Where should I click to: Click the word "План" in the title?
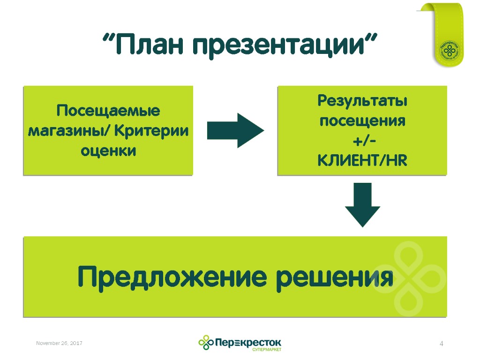point(148,45)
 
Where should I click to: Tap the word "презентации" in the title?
point(279,45)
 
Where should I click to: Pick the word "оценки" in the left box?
point(108,151)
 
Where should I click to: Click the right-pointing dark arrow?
point(235,130)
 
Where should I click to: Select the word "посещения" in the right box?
point(362,120)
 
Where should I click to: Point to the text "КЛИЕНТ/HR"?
point(362,161)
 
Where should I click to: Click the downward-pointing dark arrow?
point(362,205)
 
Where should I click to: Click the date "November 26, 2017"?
point(59,344)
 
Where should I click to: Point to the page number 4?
point(441,345)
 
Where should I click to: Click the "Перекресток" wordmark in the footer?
point(248,341)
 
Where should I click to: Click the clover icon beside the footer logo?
point(205,342)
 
